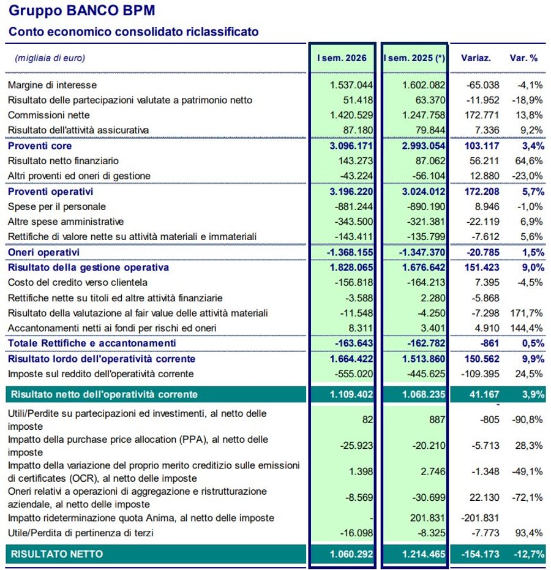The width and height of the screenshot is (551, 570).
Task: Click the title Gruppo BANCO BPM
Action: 82,11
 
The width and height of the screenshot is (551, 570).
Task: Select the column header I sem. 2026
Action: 342,58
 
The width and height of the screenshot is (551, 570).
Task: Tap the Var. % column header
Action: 523,58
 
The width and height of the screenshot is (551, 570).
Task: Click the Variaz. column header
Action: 476,58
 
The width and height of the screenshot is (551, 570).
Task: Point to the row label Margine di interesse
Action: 52,85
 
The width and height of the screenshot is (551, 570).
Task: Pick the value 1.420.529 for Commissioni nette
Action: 351,115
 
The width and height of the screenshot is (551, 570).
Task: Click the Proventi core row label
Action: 40,146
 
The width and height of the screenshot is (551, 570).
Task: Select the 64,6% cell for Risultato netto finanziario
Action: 529,160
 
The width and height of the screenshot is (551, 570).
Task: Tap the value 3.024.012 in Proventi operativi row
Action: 424,192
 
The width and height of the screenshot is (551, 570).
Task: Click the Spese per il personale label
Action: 57,206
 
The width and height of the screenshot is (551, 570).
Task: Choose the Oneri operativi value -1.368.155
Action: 350,252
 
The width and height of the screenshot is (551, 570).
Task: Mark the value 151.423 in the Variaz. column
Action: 482,268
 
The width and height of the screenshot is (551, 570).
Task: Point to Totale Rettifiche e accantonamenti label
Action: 92,343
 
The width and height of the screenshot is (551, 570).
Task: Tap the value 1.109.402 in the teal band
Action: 351,394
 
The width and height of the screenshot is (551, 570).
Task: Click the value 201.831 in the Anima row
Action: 427,518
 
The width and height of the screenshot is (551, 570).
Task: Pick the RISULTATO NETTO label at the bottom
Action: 57,554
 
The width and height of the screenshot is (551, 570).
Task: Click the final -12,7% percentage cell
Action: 529,554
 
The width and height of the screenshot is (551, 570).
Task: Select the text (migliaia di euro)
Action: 50,58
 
